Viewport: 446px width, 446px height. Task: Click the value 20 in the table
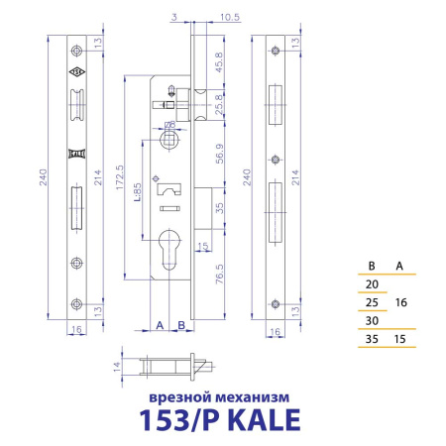click(373, 284)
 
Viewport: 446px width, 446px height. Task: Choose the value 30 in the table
click(373, 321)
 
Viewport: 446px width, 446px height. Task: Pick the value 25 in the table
click(373, 302)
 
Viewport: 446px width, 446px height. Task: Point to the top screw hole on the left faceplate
click(75, 52)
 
